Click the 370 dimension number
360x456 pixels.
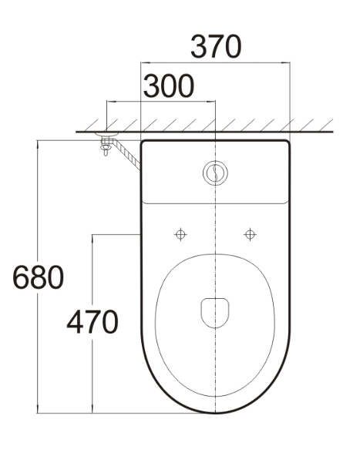[x=216, y=46]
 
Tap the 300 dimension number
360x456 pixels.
[x=169, y=86]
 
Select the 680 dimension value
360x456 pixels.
[x=38, y=277]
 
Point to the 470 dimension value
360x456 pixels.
[x=93, y=322]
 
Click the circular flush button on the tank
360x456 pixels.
[x=215, y=173]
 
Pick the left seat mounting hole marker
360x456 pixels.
[x=180, y=234]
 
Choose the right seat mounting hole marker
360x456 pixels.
[x=250, y=234]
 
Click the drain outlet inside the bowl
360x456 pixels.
[x=215, y=313]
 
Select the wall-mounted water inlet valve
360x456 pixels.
[x=106, y=142]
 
